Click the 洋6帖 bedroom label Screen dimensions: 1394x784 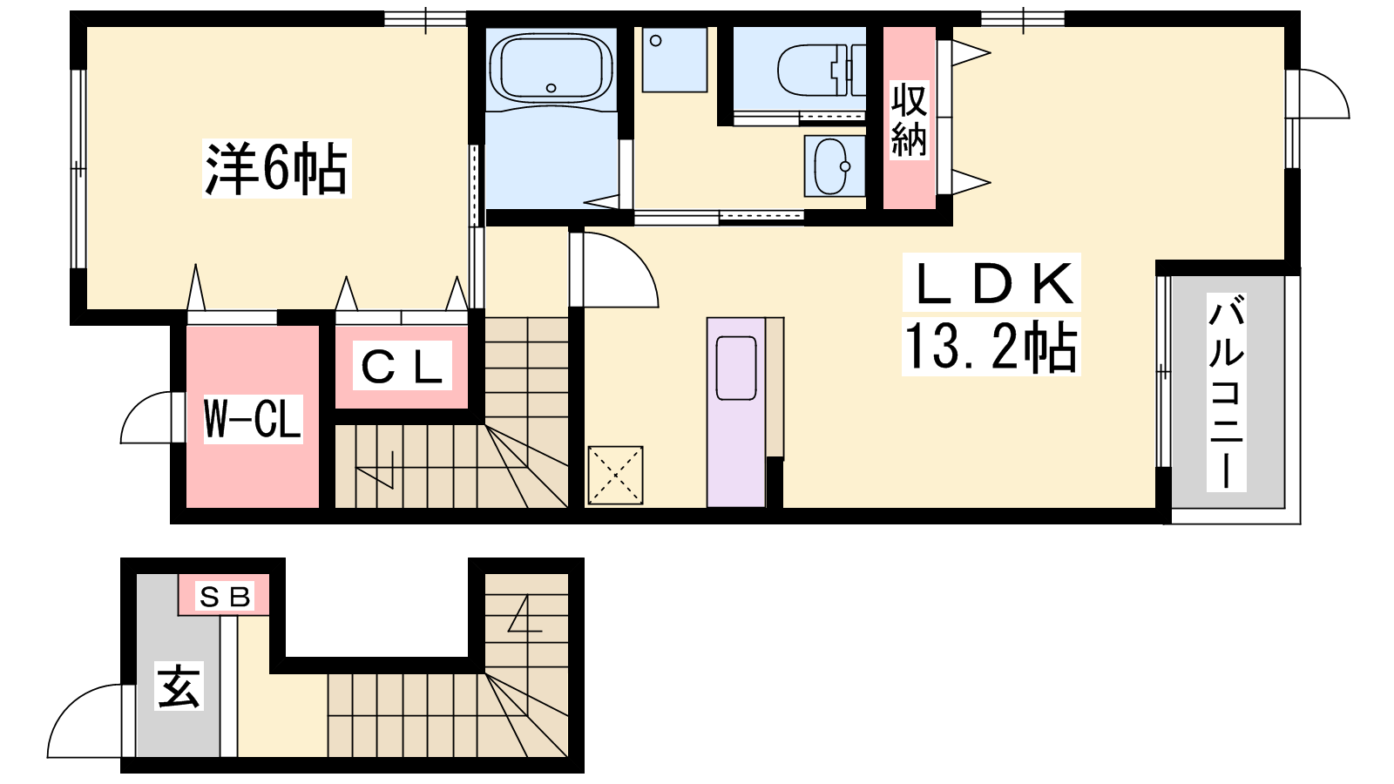coord(276,169)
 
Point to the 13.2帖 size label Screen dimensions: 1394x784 coord(991,347)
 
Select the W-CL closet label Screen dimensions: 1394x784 coord(253,419)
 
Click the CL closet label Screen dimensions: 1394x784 coord(402,366)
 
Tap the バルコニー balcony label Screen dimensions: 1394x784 coord(1226,392)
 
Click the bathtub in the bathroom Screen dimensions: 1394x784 coord(551,69)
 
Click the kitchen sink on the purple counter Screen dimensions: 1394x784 coord(736,368)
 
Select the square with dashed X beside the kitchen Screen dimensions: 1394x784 coord(615,476)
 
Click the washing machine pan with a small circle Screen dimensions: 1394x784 coord(674,60)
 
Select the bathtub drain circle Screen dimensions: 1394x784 coord(551,88)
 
